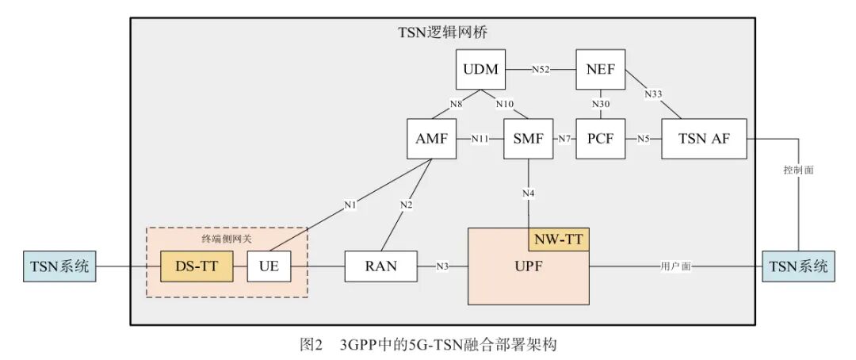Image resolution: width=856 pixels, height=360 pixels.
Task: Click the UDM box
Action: point(482,69)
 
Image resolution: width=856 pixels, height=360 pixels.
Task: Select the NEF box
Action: point(601,69)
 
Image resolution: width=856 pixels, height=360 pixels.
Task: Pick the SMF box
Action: point(528,139)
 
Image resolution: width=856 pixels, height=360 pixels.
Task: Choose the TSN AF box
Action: point(703,139)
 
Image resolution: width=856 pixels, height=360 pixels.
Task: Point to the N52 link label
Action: point(541,70)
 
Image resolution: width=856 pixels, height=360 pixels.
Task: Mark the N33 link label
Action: point(653,94)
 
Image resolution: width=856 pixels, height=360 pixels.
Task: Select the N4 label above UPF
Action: point(529,193)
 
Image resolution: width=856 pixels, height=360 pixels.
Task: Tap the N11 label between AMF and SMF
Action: point(480,139)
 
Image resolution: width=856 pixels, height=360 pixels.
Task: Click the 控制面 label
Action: point(798,170)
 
